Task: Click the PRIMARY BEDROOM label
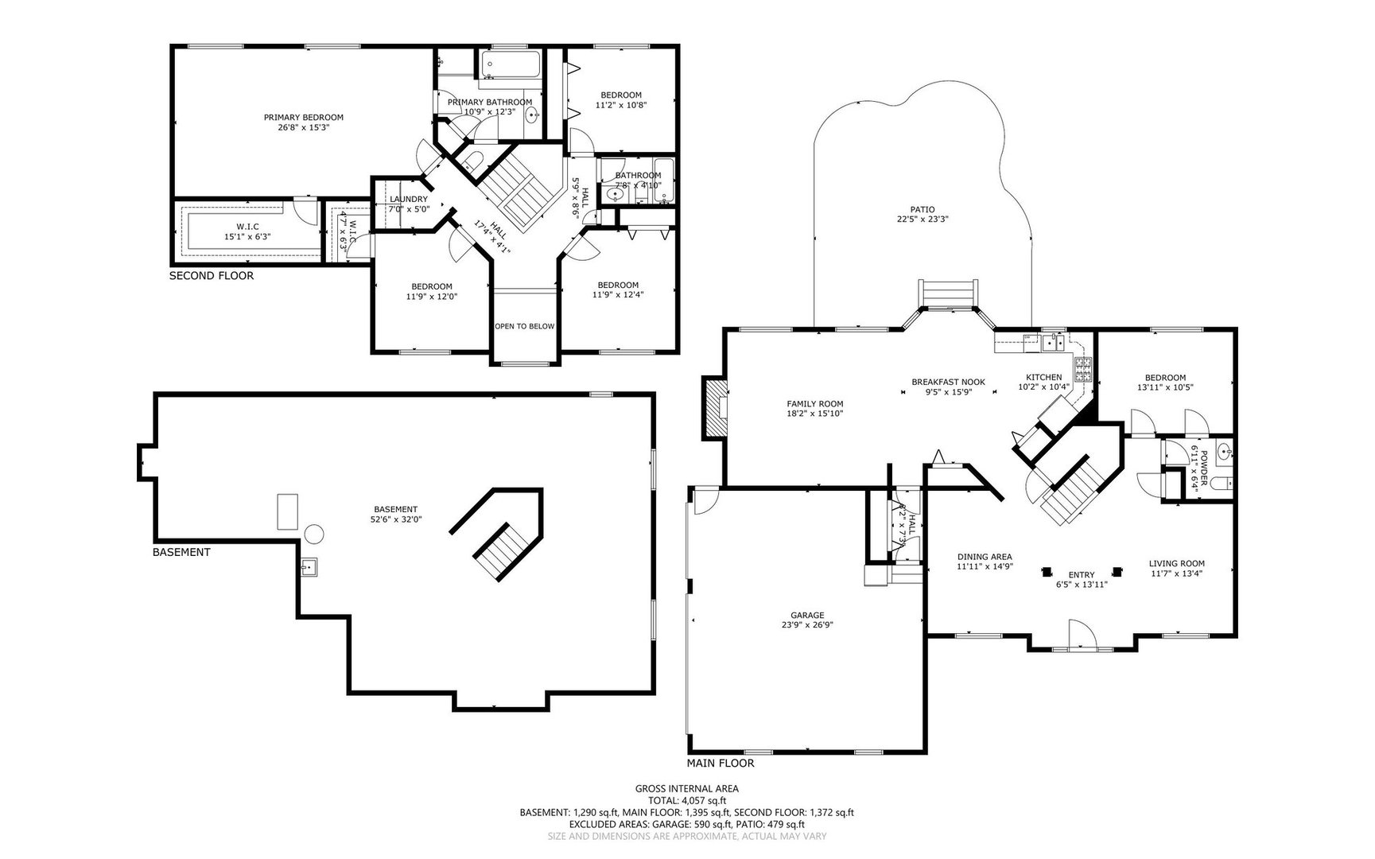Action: point(304,117)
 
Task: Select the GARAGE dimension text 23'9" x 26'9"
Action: point(807,625)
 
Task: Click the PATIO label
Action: point(922,209)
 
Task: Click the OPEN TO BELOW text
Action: point(524,326)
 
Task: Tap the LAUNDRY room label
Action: point(408,199)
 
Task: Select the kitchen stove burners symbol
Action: point(1084,370)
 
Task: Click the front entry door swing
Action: point(1082,635)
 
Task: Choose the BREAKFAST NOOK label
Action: point(948,382)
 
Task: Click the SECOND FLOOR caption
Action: point(212,276)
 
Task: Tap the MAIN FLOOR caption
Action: point(721,763)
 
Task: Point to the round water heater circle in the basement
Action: point(315,532)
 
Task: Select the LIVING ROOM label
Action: point(1176,563)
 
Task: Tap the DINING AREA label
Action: point(984,557)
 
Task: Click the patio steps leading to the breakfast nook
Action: point(946,293)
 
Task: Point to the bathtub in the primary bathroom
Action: point(511,64)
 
